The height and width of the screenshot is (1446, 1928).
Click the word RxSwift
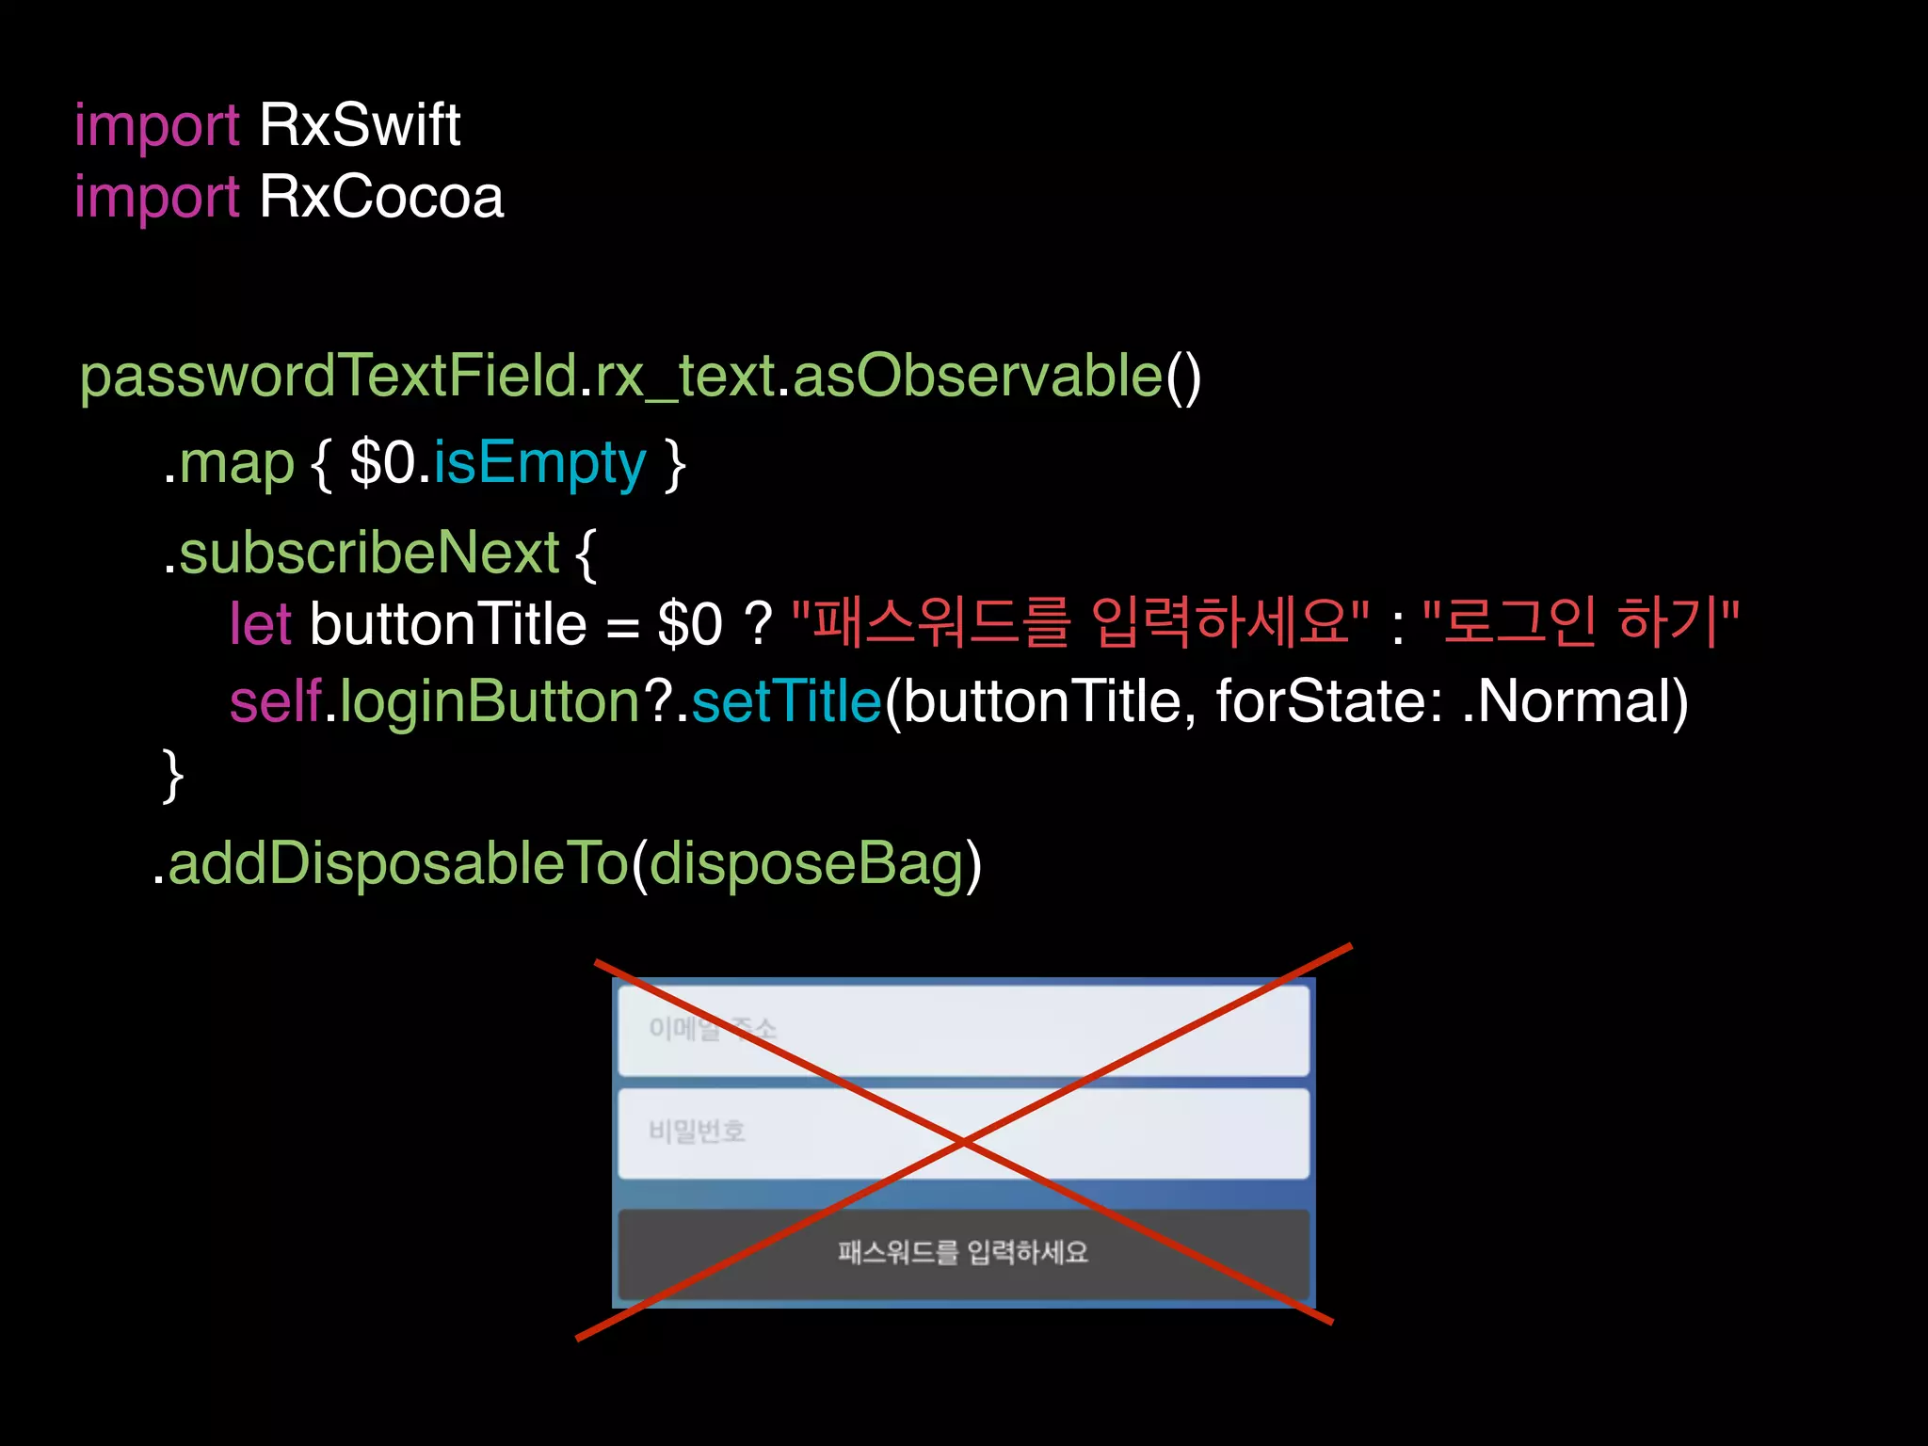click(360, 125)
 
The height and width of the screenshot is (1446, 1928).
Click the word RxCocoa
click(381, 198)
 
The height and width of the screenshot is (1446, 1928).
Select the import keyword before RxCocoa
click(157, 199)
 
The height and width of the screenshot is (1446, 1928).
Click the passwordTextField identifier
click(329, 377)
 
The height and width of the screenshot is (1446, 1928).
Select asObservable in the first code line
click(978, 377)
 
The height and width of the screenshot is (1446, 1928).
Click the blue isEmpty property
click(539, 464)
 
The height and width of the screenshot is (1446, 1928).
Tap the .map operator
click(229, 464)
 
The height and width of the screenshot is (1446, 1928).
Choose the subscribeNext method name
click(369, 553)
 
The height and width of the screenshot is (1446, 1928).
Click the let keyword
click(261, 624)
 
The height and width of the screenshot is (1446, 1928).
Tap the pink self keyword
click(276, 702)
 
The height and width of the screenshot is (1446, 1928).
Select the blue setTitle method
click(786, 702)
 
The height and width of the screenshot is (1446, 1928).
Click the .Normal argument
click(1575, 702)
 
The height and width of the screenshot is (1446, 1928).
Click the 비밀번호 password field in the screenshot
click(963, 1133)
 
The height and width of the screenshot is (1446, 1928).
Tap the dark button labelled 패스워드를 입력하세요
click(963, 1253)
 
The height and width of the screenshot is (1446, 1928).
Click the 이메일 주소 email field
click(963, 1030)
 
